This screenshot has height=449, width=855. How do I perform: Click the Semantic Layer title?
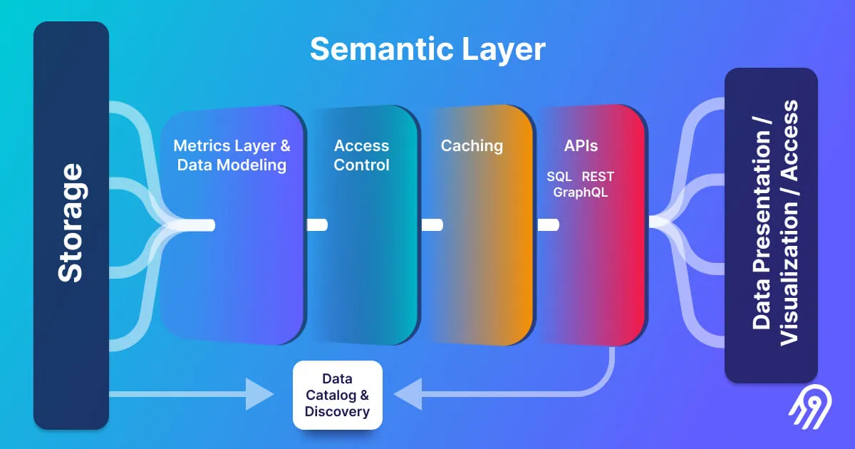[x=427, y=50]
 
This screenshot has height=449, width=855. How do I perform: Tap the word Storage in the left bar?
[x=71, y=223]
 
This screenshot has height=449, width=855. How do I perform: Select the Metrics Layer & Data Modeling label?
[x=232, y=155]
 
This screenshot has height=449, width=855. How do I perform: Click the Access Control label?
[x=361, y=155]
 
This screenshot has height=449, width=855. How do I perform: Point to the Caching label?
[x=472, y=146]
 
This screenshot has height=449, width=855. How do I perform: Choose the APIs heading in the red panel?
[x=581, y=146]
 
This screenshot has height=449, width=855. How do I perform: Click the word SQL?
[x=559, y=176]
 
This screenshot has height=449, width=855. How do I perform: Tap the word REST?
[x=598, y=176]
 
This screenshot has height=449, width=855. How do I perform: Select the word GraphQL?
[x=581, y=192]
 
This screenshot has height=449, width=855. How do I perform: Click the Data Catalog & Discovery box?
[x=337, y=395]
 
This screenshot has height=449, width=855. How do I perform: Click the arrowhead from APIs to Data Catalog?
[x=408, y=394]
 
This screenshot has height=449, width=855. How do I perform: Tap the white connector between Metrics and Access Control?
[x=316, y=225]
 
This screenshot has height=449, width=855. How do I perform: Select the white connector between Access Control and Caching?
[x=432, y=225]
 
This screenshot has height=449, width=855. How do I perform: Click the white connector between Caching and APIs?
[x=547, y=225]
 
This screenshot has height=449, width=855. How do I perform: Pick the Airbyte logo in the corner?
[x=807, y=411]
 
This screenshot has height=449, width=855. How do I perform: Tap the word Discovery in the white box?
[x=337, y=411]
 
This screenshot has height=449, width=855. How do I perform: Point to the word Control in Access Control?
[x=361, y=165]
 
